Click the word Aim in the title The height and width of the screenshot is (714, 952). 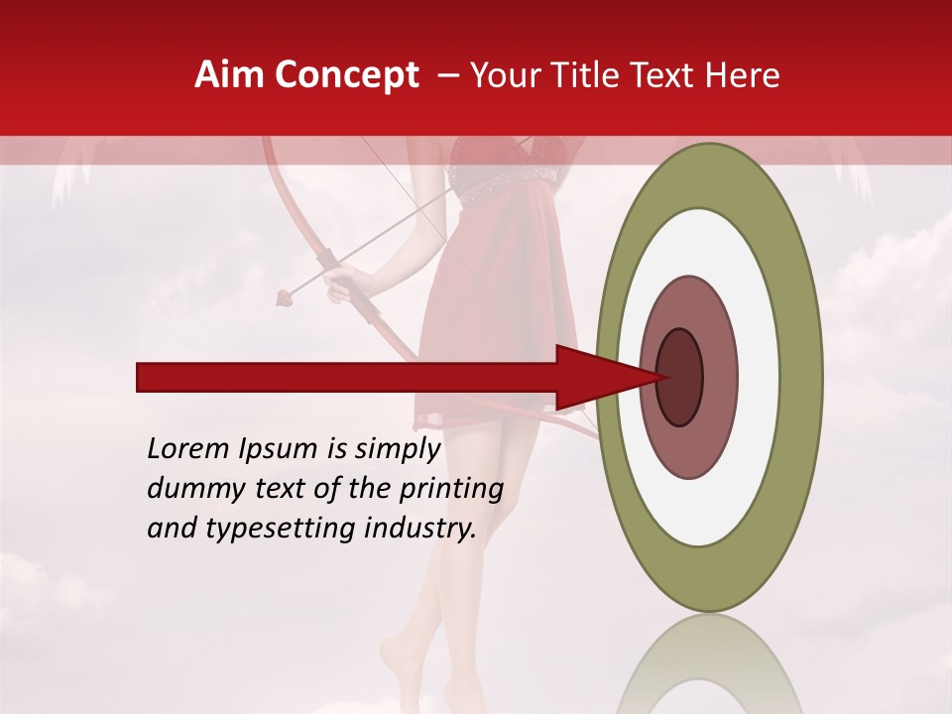click(x=230, y=75)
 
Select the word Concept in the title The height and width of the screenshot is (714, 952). click(x=346, y=75)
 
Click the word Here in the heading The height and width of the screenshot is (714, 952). click(x=745, y=75)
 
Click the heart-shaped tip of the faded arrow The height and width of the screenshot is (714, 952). click(x=286, y=294)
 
